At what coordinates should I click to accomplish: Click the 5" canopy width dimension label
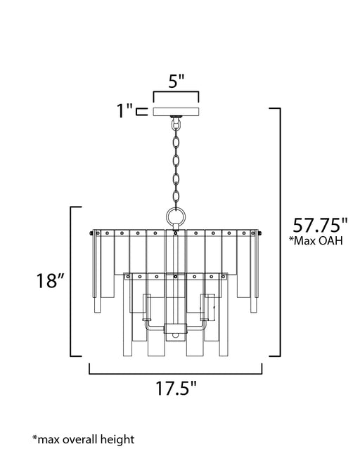click(176, 81)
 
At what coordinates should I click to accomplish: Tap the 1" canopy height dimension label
click(125, 111)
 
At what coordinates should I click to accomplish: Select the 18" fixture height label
click(50, 280)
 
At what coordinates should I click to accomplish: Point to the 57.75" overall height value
click(320, 225)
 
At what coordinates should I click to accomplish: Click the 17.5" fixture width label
click(176, 388)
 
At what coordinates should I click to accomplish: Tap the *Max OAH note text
click(316, 241)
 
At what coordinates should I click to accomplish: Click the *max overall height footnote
click(83, 440)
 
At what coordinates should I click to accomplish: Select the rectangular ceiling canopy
click(176, 112)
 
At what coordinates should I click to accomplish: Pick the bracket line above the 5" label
click(176, 92)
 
